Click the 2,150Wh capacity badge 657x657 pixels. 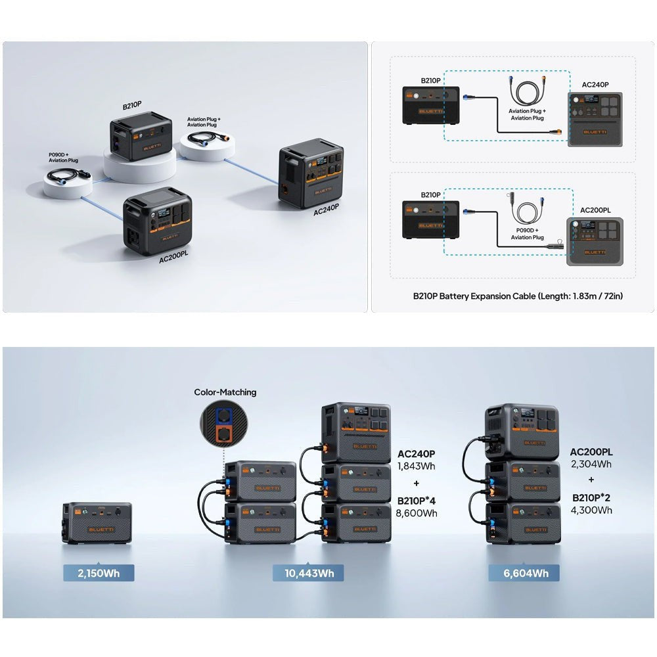tap(99, 573)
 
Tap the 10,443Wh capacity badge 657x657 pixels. tap(309, 573)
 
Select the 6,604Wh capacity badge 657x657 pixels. tap(524, 573)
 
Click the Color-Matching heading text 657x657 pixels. tap(225, 392)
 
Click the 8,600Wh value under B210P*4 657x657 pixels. tap(417, 513)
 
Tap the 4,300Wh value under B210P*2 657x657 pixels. tap(591, 509)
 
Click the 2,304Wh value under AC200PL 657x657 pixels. tap(591, 464)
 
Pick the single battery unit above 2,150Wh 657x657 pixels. tap(97, 522)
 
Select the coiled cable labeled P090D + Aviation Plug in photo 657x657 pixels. tap(66, 176)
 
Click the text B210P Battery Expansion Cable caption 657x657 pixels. tap(518, 296)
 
